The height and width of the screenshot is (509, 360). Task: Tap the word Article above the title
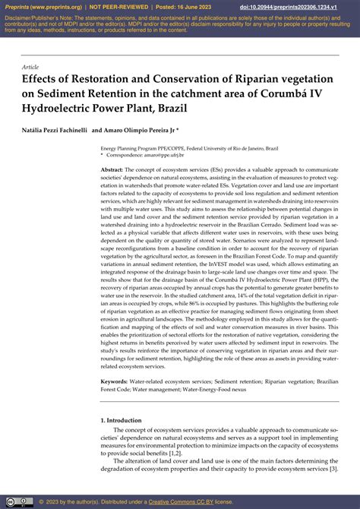pyautogui.click(x=31, y=67)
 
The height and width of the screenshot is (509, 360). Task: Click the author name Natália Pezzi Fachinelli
pyautogui.click(x=53, y=130)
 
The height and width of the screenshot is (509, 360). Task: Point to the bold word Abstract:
pyautogui.click(x=112, y=169)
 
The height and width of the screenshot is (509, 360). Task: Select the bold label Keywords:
pyautogui.click(x=115, y=381)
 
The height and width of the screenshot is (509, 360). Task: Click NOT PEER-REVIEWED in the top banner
pyautogui.click(x=116, y=6)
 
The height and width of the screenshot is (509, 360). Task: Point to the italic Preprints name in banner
pyautogui.click(x=17, y=6)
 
